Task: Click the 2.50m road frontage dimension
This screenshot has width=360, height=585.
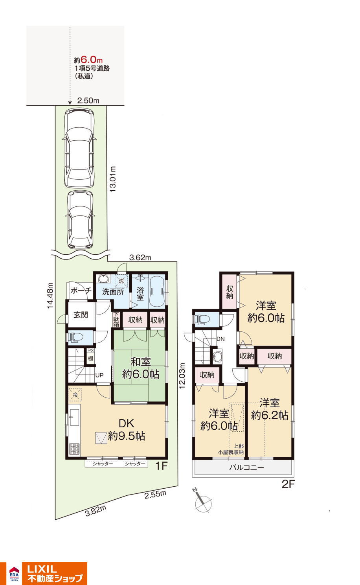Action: tap(88, 101)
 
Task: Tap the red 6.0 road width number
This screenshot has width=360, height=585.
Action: tap(89, 60)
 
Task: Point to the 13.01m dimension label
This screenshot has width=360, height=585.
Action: tap(112, 179)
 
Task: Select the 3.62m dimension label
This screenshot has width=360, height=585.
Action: tap(140, 258)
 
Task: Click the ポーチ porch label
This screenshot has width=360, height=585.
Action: tap(81, 291)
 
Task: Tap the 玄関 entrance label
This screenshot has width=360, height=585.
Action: tap(81, 315)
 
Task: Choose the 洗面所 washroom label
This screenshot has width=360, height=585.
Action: tap(113, 292)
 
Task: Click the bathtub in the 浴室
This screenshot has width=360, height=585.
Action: tap(157, 290)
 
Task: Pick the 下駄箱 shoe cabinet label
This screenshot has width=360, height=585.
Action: tap(116, 319)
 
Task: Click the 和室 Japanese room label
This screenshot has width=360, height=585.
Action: tap(140, 362)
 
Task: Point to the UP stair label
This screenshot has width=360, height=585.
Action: tap(99, 375)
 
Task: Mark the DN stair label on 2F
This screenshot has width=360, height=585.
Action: tap(220, 339)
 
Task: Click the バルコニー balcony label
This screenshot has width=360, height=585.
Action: tap(247, 467)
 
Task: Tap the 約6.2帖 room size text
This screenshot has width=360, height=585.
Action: tap(270, 415)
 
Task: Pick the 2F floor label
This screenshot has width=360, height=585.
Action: tap(288, 484)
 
